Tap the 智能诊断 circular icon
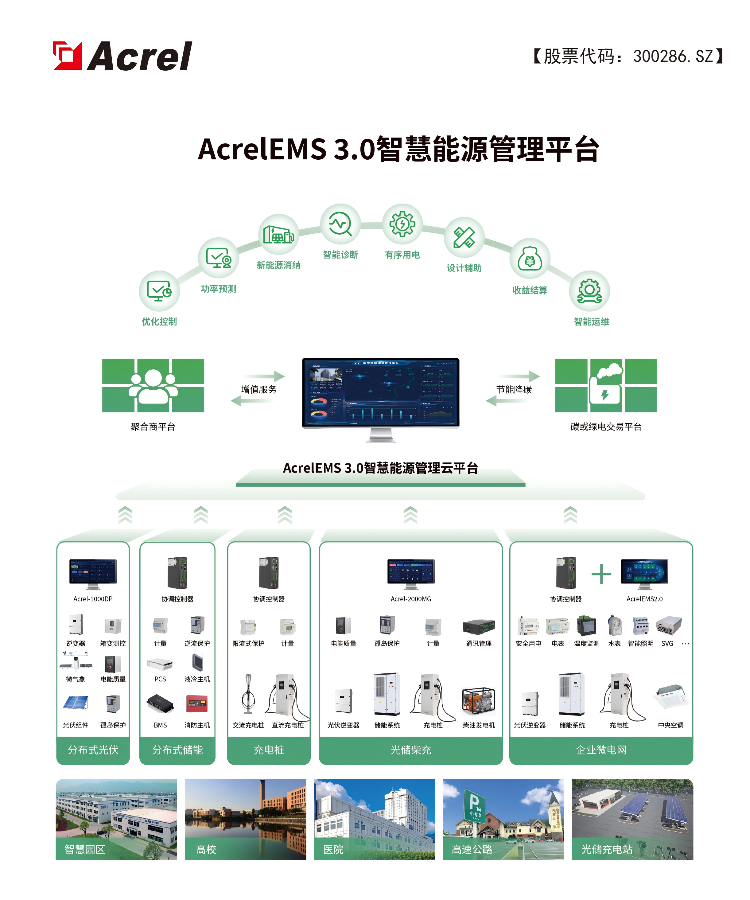click(340, 224)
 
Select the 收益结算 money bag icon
click(530, 259)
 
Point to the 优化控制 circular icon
click(159, 290)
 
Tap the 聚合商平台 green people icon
click(153, 385)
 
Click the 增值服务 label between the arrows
click(258, 389)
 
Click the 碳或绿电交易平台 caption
click(606, 427)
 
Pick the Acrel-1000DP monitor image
click(93, 573)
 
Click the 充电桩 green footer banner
click(269, 750)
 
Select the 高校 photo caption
click(206, 849)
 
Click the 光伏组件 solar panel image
click(76, 703)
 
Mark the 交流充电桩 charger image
click(248, 694)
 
